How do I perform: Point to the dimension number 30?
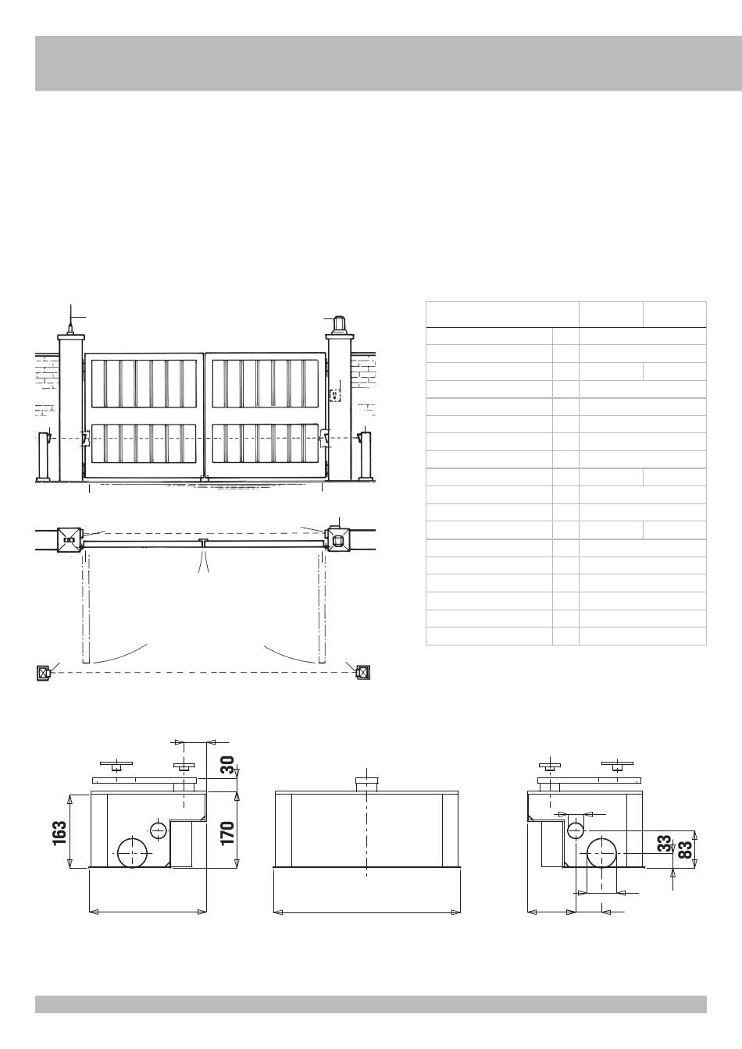click(227, 765)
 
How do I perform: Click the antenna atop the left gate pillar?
click(70, 320)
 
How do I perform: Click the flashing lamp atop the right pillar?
click(339, 325)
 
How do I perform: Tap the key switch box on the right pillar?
click(334, 396)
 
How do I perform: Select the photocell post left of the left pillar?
click(45, 456)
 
